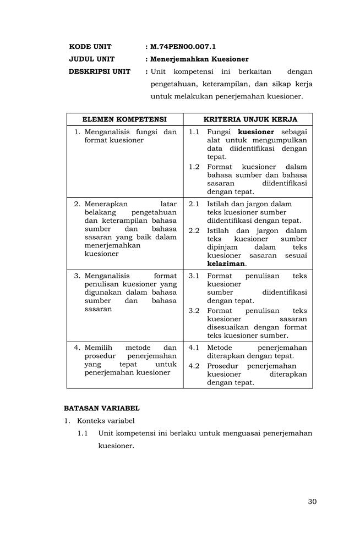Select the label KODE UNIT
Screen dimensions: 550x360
[x=90, y=47]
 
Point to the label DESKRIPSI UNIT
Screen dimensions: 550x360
[x=100, y=71]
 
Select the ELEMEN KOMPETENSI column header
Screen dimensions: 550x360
[x=124, y=119]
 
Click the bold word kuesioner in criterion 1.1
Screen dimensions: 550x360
[x=256, y=132]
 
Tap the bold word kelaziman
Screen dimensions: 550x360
[x=226, y=263]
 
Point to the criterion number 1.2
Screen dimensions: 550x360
[x=194, y=167]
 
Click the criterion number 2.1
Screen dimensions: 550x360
[x=194, y=204]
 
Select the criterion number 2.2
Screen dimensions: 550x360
[x=194, y=230]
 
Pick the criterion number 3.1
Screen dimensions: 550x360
[x=194, y=276]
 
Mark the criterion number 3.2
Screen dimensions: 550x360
[x=194, y=310]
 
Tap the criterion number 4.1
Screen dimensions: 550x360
[x=194, y=348]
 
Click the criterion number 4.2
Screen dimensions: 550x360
[x=194, y=366]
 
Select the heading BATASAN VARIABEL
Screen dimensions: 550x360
[x=102, y=408]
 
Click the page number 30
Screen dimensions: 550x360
[x=312, y=501]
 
